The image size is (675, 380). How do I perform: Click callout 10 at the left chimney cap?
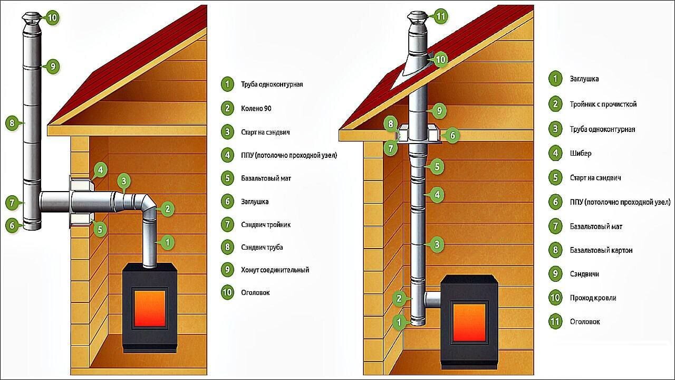52,17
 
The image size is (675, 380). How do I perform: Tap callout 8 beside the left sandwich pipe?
12,123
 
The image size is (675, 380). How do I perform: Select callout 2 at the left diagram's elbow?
167,209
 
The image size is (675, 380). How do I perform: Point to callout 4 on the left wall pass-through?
100,170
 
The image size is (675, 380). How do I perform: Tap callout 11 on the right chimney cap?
441,16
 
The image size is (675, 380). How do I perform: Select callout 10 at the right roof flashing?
440,60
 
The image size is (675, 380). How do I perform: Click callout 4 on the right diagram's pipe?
436,195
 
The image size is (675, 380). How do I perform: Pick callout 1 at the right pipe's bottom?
399,321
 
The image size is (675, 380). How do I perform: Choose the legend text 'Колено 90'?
256,109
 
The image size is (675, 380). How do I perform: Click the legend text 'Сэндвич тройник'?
266,225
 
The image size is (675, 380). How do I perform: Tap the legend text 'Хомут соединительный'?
275,270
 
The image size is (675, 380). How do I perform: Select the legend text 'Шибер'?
580,154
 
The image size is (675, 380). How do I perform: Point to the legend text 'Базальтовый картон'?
601,250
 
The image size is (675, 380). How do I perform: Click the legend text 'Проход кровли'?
593,298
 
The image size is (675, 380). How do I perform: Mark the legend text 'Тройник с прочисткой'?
603,104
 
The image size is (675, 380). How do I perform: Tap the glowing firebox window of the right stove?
469,322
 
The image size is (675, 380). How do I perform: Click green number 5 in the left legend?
227,178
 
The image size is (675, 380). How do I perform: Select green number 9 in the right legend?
555,274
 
